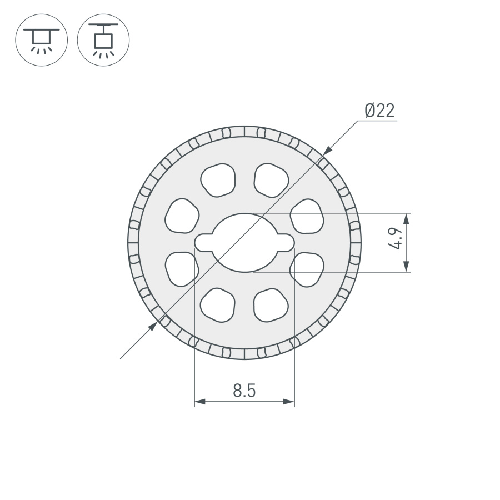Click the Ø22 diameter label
tap(379, 111)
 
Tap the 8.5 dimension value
tap(244, 391)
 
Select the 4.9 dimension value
tap(396, 243)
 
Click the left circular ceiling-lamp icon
tap(41, 41)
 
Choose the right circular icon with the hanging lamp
tap(103, 41)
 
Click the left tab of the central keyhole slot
tap(202, 242)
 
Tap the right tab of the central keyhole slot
tap(286, 242)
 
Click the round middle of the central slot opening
tap(244, 243)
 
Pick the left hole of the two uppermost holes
tap(218, 179)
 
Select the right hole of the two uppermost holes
tap(271, 179)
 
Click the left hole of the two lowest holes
tap(218, 306)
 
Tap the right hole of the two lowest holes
tap(271, 306)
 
